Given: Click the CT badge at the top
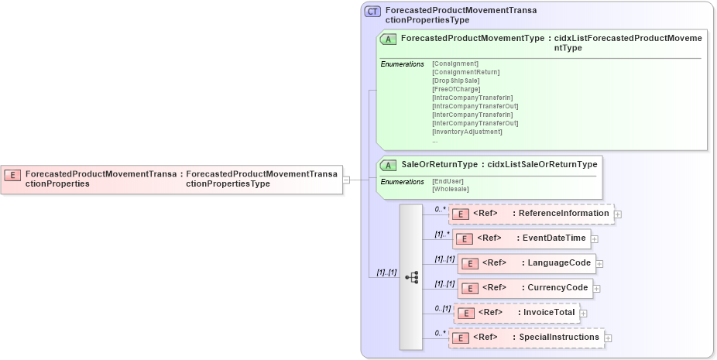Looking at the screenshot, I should coord(372,11).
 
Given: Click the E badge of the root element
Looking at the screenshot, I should coord(13,174).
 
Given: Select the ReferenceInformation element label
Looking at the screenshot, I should coord(563,213).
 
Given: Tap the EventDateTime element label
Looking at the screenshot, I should coord(554,238).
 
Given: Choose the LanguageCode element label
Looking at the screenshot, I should coord(559,263).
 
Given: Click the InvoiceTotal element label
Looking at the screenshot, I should coord(549,313).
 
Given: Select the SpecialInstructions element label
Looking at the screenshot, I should coord(558,338).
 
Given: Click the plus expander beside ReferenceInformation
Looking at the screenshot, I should coord(618,214).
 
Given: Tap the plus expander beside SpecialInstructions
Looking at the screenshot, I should coord(608,338).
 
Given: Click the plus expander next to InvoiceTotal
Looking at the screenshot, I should coord(584,314).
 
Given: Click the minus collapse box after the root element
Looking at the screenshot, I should coord(346,180).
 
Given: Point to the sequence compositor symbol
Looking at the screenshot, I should coord(411,276).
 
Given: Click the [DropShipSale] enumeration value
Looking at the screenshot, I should coord(456,81).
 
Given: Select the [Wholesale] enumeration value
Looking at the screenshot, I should coord(451,189).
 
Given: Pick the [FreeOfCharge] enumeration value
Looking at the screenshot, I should coord(456,89).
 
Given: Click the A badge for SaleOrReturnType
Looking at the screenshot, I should coord(389,165).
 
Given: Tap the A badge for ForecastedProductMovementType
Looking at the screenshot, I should coord(389,39).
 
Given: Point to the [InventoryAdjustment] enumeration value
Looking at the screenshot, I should coord(467,132).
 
